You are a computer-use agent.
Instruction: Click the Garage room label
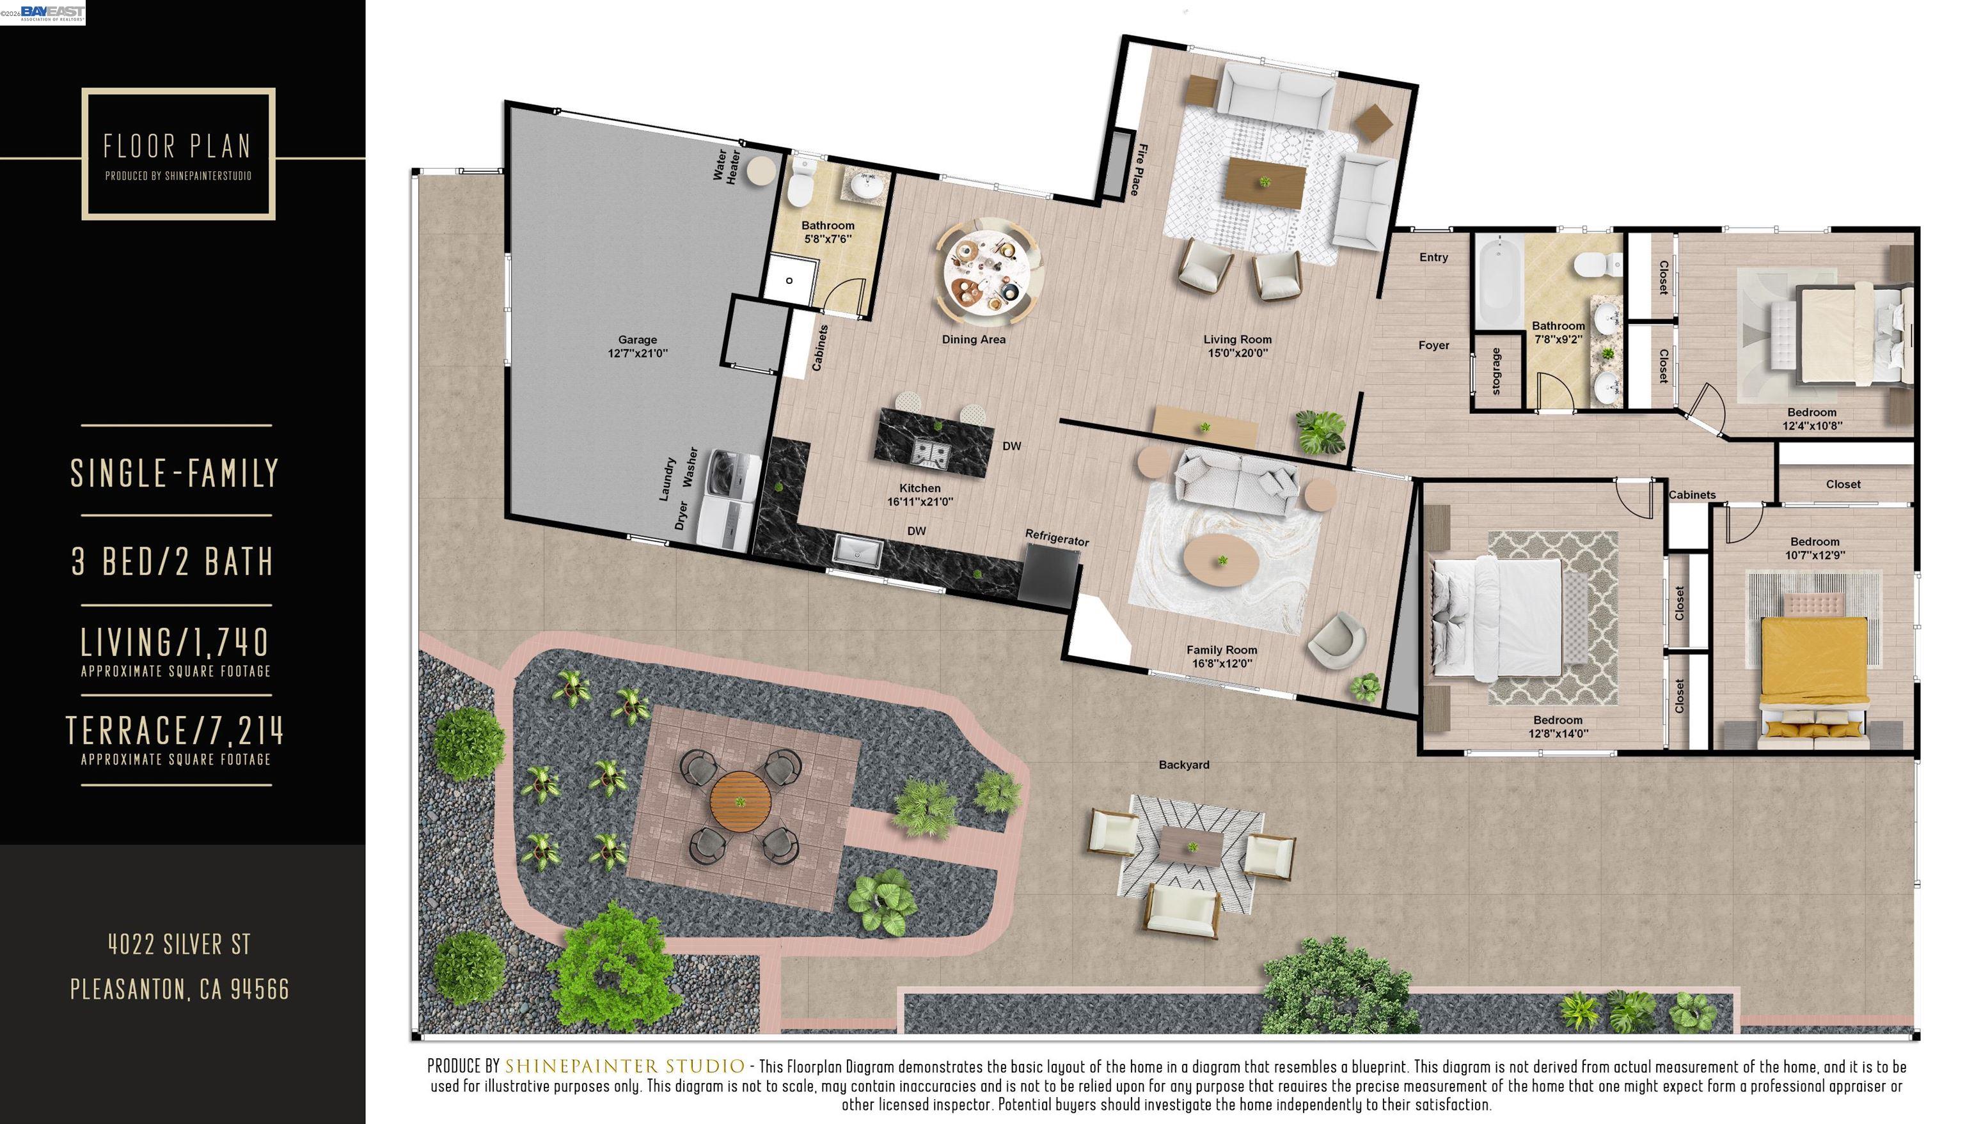point(637,346)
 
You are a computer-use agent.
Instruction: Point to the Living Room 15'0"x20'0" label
point(1237,346)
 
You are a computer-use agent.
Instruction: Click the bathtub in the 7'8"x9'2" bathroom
point(1497,283)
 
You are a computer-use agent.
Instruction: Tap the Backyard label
point(1183,765)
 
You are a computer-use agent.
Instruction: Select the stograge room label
point(1495,371)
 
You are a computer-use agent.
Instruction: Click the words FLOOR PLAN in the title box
point(178,146)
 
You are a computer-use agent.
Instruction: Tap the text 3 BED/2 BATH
point(173,561)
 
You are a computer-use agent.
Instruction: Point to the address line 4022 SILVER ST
point(179,943)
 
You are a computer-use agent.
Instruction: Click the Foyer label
point(1433,345)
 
